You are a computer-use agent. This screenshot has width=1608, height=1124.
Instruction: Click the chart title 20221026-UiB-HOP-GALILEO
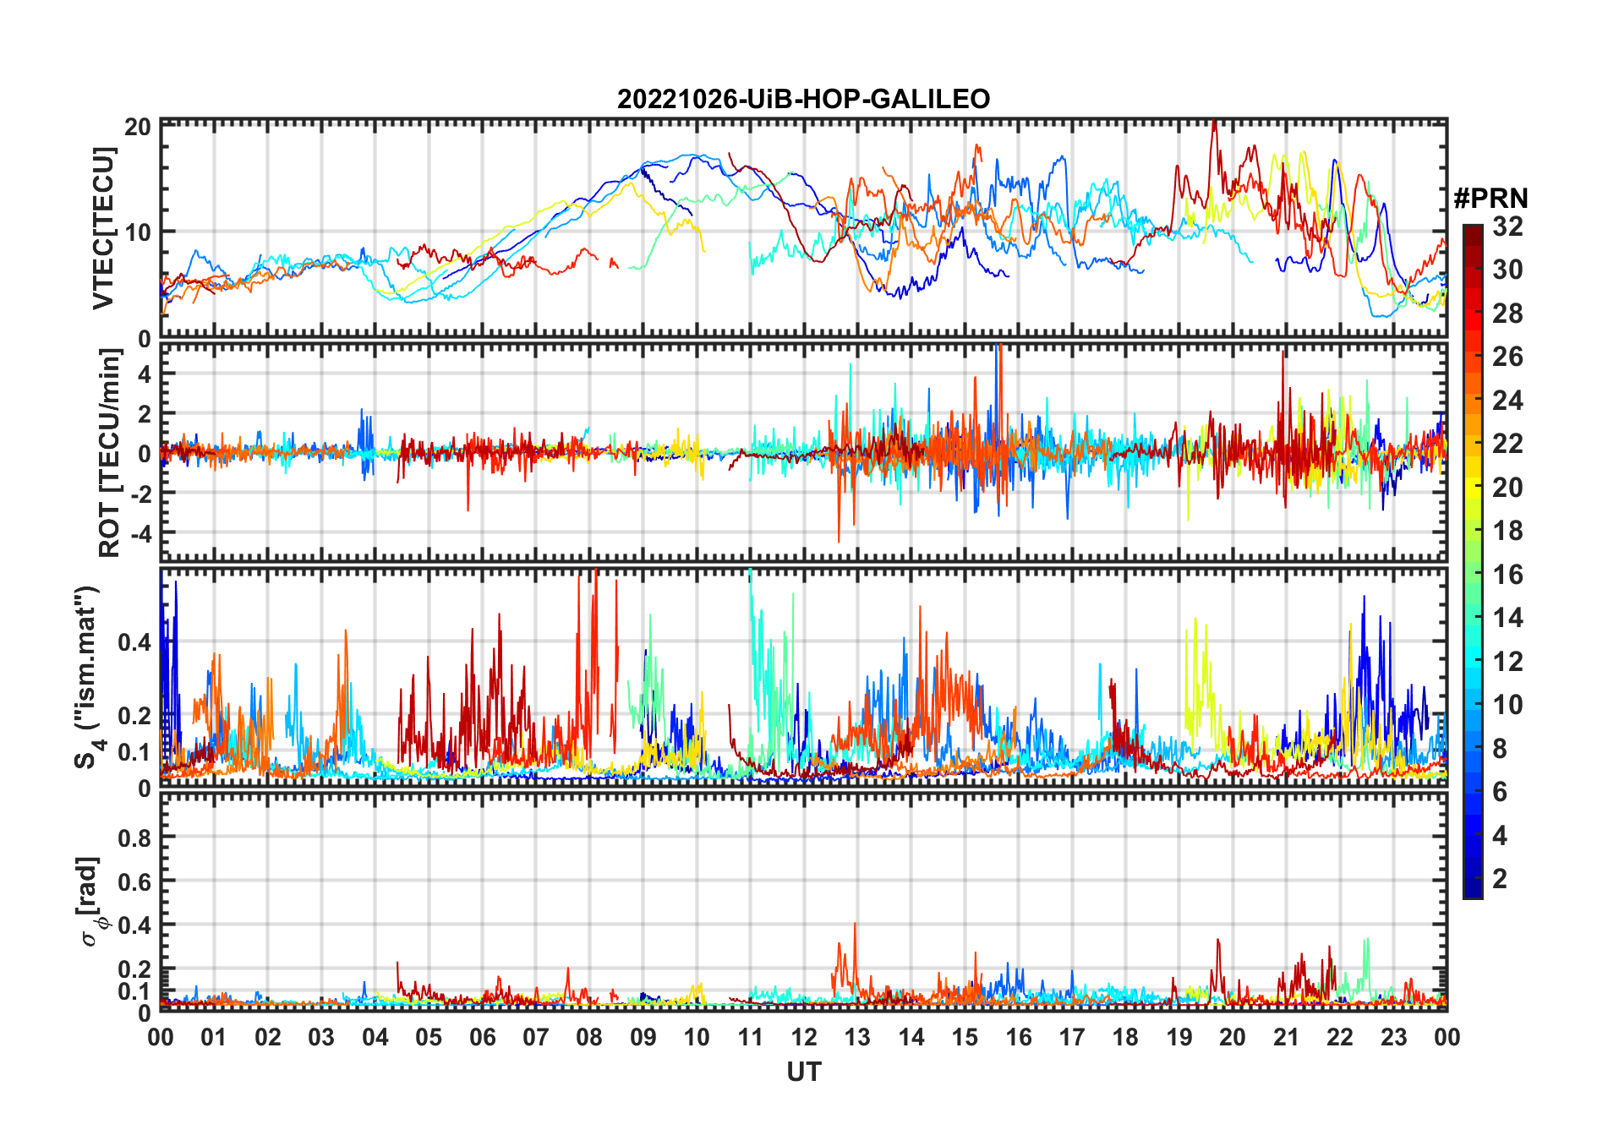coord(803,99)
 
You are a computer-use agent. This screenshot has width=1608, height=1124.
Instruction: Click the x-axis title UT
coord(803,1072)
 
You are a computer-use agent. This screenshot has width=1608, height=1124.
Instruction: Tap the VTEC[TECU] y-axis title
coord(103,228)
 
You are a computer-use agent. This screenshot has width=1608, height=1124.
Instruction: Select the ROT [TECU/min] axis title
coord(110,453)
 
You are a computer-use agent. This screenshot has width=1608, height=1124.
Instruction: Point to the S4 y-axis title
coord(88,677)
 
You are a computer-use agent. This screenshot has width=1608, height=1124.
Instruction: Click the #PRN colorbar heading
coord(1490,199)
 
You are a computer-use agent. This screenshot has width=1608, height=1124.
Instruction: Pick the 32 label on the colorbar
coord(1507,226)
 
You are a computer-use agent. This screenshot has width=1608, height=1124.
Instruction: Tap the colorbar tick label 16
coord(1507,575)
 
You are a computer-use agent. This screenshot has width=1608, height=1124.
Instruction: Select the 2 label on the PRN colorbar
coord(1500,879)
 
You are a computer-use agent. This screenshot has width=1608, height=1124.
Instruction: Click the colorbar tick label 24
coord(1507,401)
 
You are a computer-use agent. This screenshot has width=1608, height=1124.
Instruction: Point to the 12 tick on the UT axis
coord(804,1037)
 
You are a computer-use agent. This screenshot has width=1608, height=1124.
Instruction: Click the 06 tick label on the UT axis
coord(482,1037)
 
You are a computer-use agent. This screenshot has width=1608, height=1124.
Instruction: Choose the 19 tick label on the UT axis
coord(1179,1037)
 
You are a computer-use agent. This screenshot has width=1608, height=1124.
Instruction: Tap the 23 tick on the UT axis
coord(1393,1037)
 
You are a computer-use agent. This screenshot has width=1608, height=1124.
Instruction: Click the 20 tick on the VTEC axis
coord(138,127)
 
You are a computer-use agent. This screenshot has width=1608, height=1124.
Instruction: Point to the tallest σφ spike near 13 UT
coord(855,925)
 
